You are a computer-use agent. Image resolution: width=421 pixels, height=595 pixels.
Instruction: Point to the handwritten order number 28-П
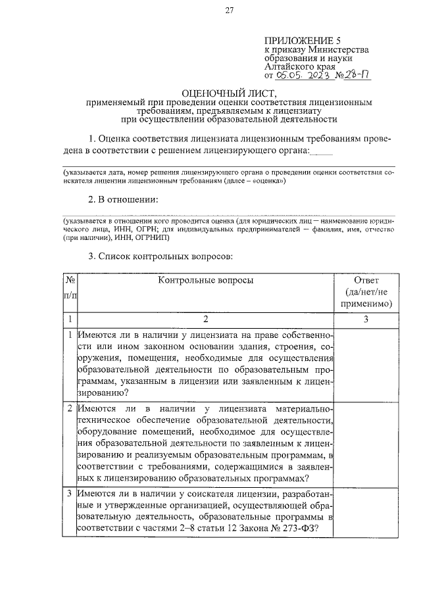(x=356, y=75)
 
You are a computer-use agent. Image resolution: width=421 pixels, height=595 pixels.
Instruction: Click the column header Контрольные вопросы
(x=205, y=280)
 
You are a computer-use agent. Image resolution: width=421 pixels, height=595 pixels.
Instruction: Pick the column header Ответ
(x=366, y=280)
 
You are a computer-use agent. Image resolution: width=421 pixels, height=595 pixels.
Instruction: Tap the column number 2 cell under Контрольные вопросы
(x=205, y=319)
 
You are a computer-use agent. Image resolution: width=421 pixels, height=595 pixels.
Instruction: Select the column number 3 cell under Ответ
(x=366, y=319)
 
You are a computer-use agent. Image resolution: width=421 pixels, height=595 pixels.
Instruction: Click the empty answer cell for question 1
(x=366, y=364)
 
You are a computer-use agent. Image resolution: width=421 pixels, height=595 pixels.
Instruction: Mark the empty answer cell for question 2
(x=366, y=443)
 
